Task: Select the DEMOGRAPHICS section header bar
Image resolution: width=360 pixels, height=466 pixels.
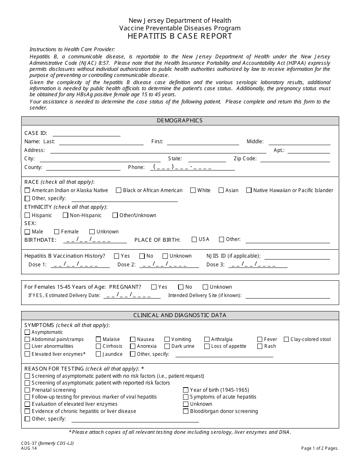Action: coord(180,120)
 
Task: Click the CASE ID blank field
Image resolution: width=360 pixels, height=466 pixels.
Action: coord(86,133)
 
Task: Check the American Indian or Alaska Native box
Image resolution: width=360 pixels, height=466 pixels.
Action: coord(27,190)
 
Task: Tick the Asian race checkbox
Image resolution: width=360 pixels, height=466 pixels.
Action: coord(221,190)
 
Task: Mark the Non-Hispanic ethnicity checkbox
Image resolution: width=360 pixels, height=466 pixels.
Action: coord(65,215)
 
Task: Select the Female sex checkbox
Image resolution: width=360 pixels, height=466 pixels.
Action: coord(56,231)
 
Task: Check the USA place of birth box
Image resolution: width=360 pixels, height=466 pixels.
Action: coord(194,239)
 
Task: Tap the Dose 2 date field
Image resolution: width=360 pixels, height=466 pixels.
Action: coord(169,264)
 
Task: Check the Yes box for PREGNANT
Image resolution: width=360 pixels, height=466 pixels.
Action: coord(154,287)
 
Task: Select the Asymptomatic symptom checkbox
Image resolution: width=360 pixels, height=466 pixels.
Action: coord(27,332)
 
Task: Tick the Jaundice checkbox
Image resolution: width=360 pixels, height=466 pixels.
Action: coord(99,354)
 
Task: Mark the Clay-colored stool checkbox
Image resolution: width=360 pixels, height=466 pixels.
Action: coord(286,339)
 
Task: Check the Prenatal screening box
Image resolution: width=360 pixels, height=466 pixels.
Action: coord(27,390)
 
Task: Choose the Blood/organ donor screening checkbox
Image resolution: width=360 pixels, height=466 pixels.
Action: coord(186,411)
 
